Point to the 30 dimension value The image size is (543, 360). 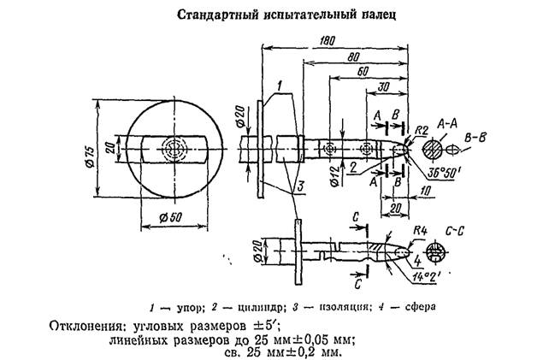point(382,87)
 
